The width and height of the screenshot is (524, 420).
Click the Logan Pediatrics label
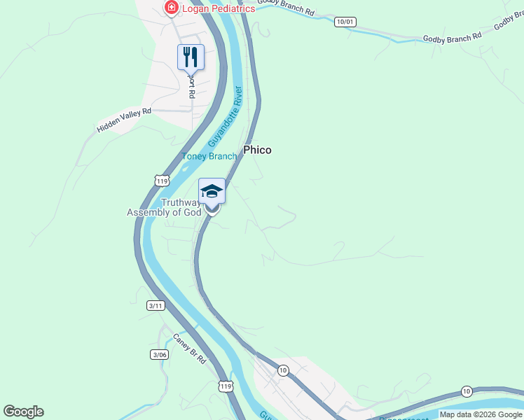[x=218, y=8]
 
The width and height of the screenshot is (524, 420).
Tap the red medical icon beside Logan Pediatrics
[x=170, y=8]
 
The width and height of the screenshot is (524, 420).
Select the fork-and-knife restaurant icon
[x=191, y=56]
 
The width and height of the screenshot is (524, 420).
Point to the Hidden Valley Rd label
[x=124, y=120]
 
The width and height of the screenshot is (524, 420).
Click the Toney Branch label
[x=209, y=156]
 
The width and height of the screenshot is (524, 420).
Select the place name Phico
[x=257, y=150]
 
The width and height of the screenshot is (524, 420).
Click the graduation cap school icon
[x=212, y=191]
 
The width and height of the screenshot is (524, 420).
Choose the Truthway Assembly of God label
[x=164, y=208]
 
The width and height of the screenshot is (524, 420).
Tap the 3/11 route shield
[x=156, y=305]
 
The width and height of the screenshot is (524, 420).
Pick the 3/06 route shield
[x=160, y=355]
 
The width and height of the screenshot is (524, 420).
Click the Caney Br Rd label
[x=190, y=348]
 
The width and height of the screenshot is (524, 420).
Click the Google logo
[x=23, y=412]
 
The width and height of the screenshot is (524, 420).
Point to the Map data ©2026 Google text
[x=481, y=414]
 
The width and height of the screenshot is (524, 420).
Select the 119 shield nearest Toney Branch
[x=162, y=181]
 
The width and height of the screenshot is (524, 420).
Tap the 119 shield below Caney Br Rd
[x=226, y=386]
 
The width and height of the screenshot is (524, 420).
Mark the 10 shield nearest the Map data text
[x=467, y=391]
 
